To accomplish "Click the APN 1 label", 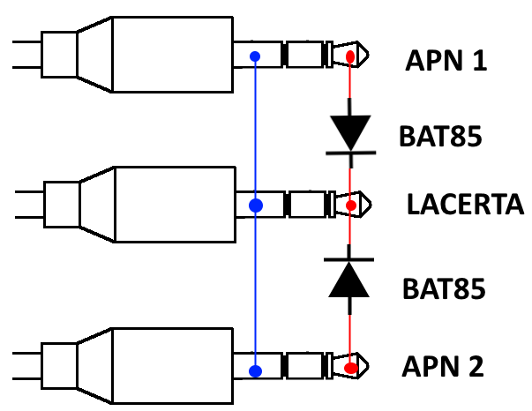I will coord(446,62).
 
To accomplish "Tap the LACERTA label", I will coord(465,206).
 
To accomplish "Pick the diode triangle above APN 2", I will coord(350,280).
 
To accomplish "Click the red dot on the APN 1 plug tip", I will coord(350,58).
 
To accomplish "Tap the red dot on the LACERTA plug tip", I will coord(351,206).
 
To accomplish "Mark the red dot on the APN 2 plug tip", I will coord(351,367).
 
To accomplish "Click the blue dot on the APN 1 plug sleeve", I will coord(256,58).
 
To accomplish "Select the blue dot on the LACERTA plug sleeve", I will coord(256,206).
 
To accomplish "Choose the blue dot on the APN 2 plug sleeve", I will coord(256,370).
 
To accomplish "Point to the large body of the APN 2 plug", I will coord(172,365).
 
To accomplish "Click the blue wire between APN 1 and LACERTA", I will coord(256,132).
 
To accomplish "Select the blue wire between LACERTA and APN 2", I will coord(256,291).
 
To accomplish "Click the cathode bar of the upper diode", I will coord(350,153).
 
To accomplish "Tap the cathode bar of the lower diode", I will coord(350,259).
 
